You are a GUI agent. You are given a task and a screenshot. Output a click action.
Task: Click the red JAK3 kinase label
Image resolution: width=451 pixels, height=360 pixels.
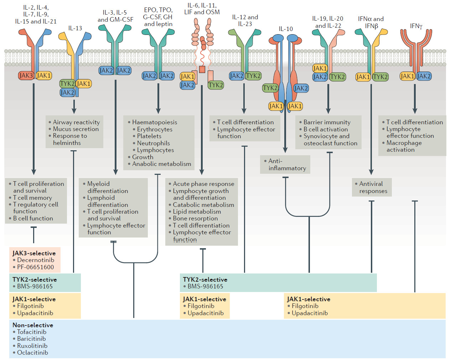tap(26, 75)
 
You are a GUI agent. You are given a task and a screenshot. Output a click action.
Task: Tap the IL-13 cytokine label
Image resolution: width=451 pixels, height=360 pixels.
tap(75, 28)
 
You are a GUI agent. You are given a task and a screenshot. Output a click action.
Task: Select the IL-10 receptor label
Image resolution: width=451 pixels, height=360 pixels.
tap(286, 29)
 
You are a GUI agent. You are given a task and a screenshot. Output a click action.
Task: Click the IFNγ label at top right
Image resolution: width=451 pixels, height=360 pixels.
tap(416, 26)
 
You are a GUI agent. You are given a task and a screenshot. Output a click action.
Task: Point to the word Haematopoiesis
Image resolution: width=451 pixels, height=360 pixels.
tap(154, 122)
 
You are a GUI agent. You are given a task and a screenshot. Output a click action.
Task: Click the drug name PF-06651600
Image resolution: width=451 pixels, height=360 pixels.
tap(35, 267)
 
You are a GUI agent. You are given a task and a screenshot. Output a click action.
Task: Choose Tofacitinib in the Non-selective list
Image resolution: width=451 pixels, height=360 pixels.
tap(32, 332)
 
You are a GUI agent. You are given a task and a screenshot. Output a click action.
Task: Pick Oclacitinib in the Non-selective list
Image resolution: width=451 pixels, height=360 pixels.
tap(32, 353)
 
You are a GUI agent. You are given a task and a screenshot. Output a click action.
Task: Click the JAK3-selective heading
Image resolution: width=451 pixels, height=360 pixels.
tap(34, 253)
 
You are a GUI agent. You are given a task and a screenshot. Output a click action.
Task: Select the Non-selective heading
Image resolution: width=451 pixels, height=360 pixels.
tap(33, 325)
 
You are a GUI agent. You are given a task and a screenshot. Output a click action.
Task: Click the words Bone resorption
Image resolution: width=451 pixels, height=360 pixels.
tap(195, 218)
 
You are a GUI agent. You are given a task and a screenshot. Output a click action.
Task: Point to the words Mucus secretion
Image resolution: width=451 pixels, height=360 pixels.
tap(76, 129)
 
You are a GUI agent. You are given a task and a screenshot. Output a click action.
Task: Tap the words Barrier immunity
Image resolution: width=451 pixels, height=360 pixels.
tap(327, 122)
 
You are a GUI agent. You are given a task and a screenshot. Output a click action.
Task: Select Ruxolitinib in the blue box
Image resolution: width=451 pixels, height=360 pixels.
tap(32, 346)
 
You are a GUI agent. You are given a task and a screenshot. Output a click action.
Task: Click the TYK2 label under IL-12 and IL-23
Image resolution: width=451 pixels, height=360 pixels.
tap(253, 76)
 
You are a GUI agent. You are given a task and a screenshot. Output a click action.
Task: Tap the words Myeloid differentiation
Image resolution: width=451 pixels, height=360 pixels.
tap(107, 187)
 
